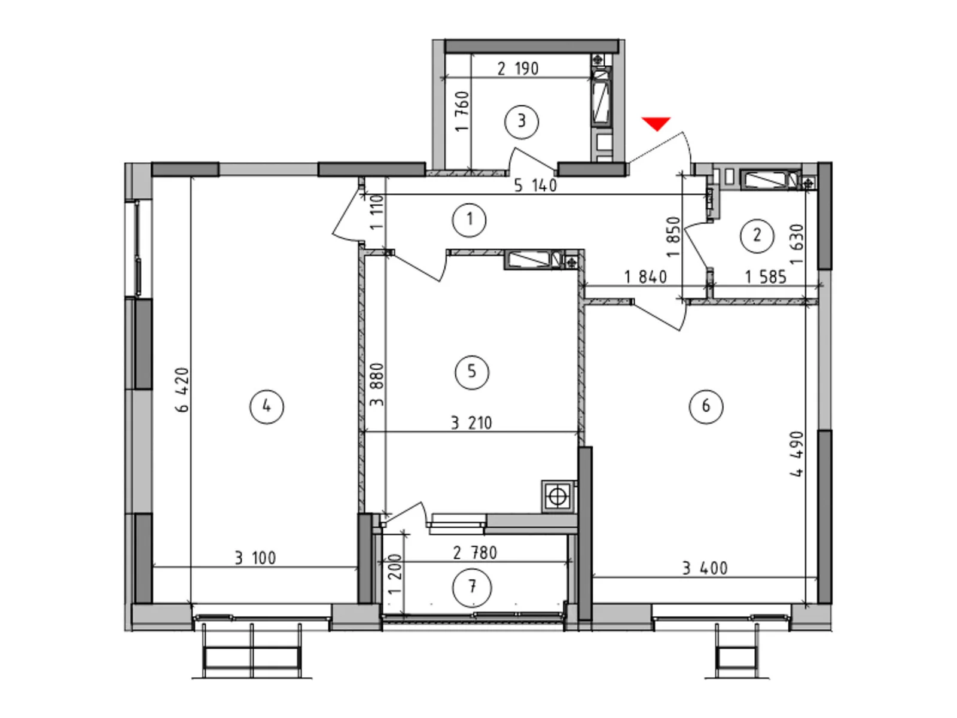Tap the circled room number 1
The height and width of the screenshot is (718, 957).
(x=469, y=220)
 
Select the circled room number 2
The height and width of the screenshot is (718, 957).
(x=757, y=236)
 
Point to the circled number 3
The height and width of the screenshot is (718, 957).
(x=522, y=121)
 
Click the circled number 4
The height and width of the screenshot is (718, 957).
(x=266, y=407)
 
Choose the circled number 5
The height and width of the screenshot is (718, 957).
(x=471, y=372)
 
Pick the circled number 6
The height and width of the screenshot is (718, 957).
(x=706, y=406)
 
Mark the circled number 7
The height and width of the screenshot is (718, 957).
(x=472, y=588)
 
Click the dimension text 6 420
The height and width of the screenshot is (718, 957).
(x=182, y=390)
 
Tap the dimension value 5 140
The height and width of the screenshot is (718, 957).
(x=535, y=185)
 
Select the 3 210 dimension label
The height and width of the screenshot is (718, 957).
(x=471, y=423)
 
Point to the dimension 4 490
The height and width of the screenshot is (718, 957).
(x=796, y=454)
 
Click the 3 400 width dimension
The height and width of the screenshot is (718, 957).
(x=705, y=568)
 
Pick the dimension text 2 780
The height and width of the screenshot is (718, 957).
(x=475, y=553)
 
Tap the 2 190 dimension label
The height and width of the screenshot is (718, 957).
(x=517, y=68)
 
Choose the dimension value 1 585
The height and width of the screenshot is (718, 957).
(x=766, y=276)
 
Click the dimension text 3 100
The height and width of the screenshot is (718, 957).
(x=255, y=558)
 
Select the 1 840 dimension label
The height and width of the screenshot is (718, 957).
(x=645, y=276)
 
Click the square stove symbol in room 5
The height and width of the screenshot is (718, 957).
(x=557, y=497)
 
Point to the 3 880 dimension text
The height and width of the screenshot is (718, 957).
(x=377, y=385)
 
